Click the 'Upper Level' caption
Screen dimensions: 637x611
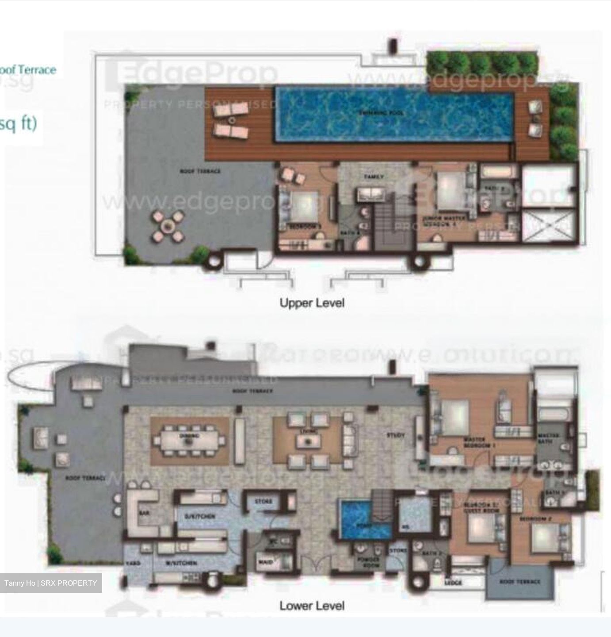312,303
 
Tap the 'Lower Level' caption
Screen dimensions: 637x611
312,606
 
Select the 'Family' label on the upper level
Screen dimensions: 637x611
374,177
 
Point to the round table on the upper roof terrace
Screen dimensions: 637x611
167,227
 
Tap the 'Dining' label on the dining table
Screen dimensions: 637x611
189,436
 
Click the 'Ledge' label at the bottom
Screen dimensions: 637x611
453,583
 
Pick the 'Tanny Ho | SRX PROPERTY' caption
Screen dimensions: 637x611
51,583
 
